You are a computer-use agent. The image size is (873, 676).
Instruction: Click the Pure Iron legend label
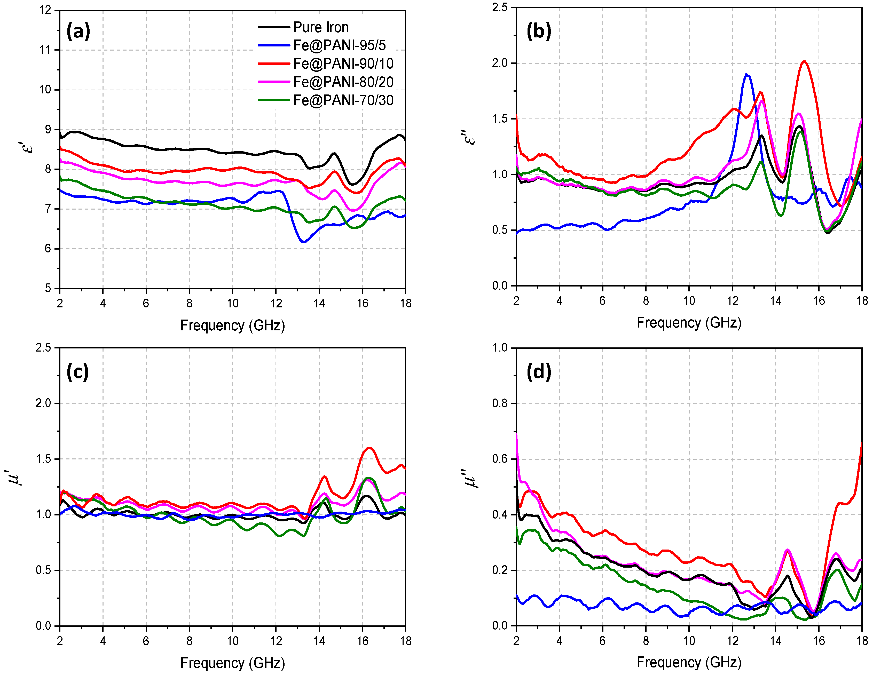(321, 27)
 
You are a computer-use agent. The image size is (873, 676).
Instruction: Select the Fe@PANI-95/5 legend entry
(339, 45)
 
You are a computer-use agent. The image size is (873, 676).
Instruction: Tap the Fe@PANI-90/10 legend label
(343, 63)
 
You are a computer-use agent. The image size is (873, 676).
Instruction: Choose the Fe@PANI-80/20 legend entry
(343, 82)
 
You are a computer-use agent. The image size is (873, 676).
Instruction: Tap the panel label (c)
(77, 372)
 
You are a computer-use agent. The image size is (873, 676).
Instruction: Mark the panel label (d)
(538, 372)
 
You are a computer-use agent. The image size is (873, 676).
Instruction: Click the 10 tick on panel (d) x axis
(689, 641)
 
